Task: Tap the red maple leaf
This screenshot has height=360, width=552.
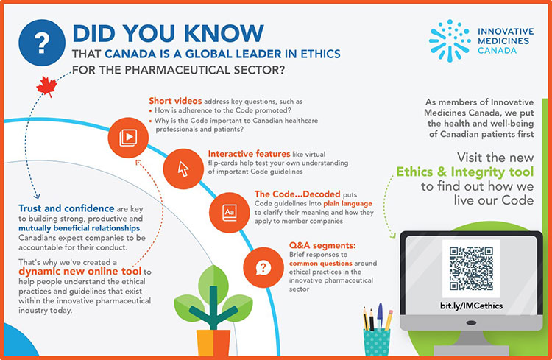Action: tap(46, 86)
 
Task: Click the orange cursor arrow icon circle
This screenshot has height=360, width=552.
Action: tap(182, 168)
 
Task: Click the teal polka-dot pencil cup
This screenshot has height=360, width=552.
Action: tap(377, 341)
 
